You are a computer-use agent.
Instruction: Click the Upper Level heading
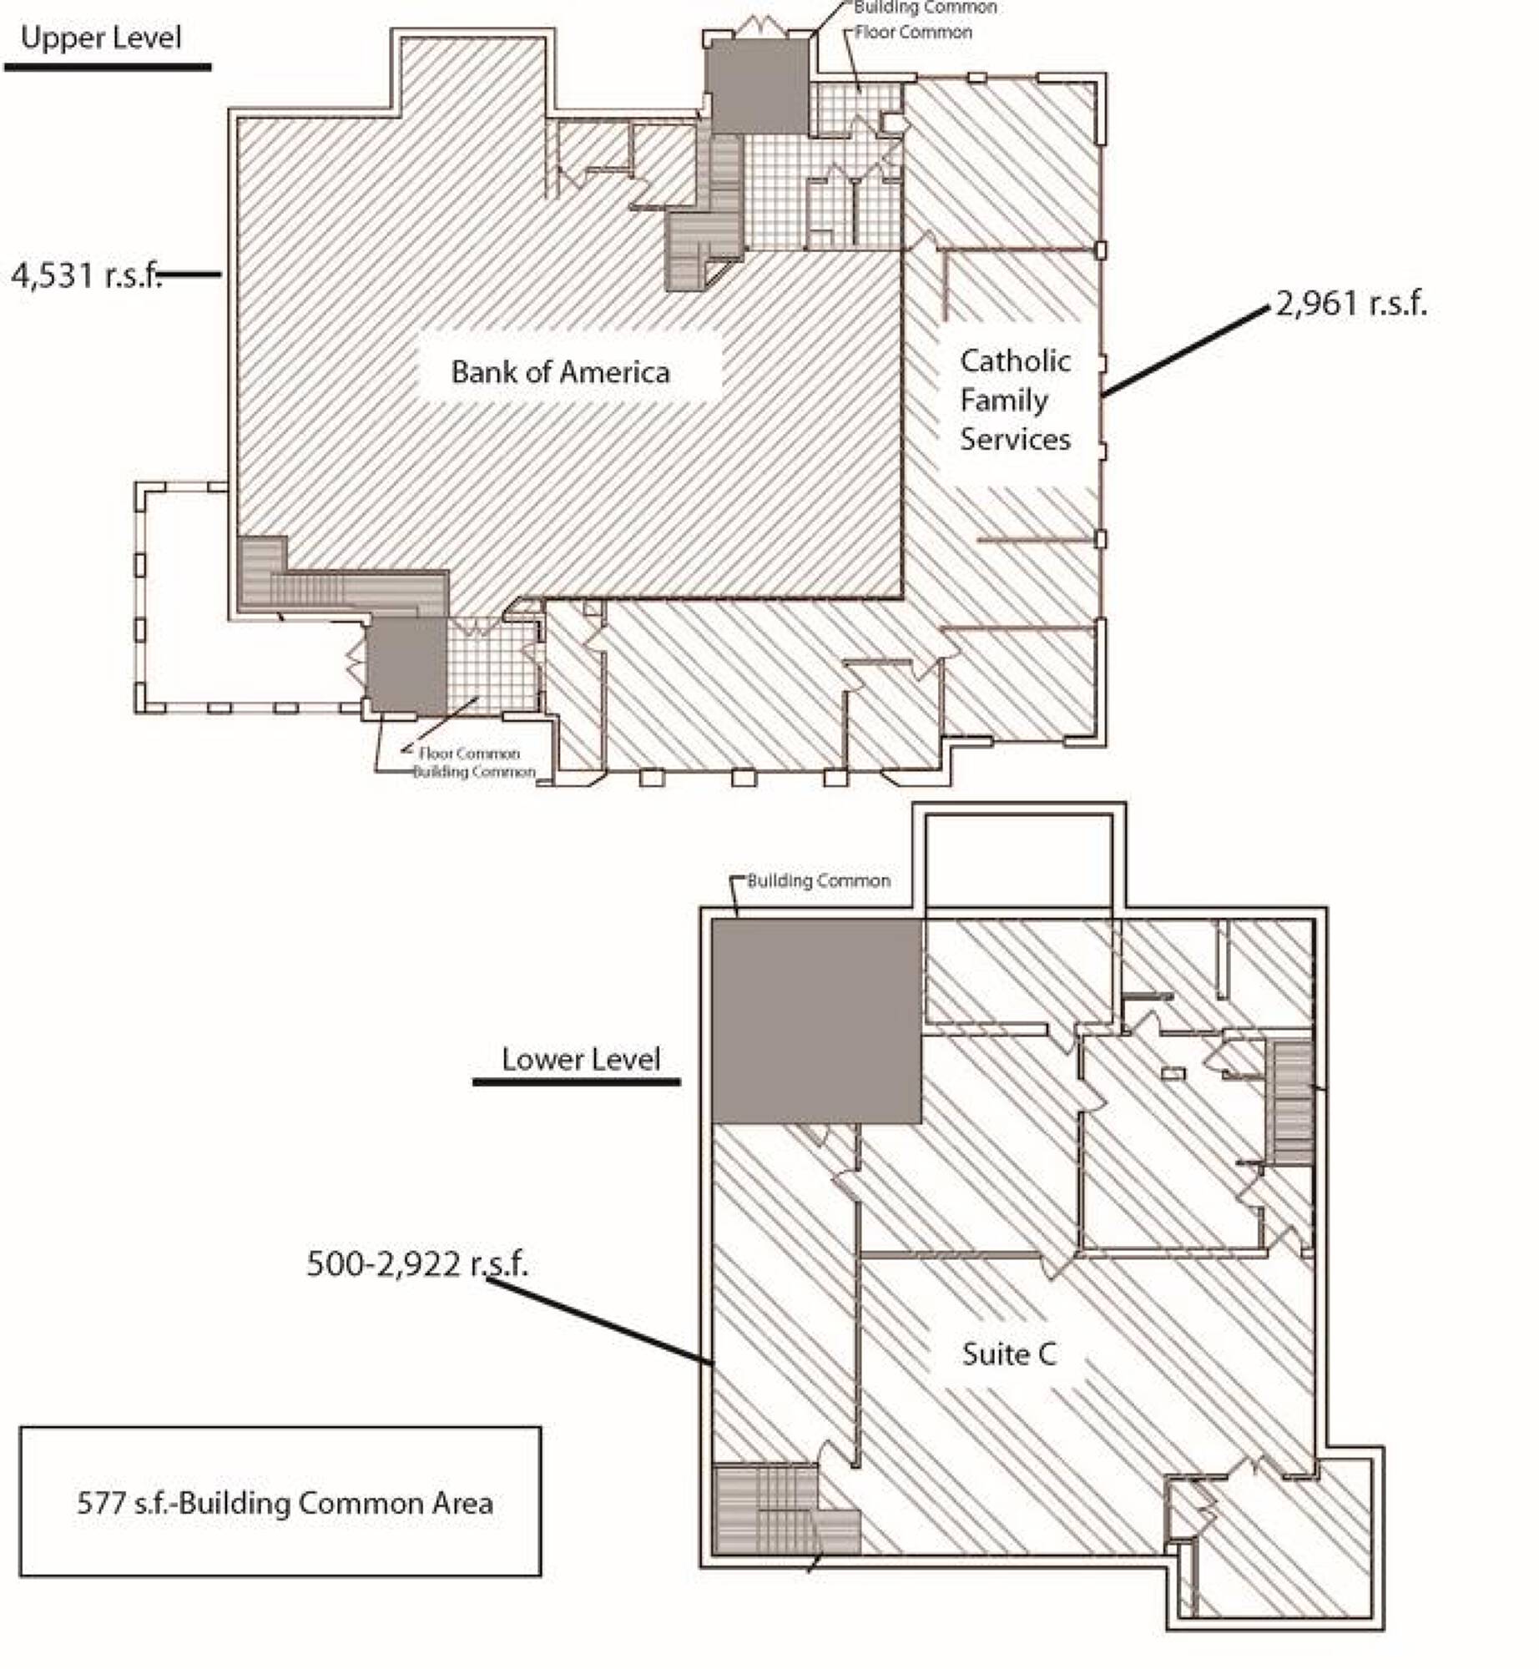pyautogui.click(x=101, y=38)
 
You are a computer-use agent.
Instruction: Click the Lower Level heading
pyautogui.click(x=581, y=1059)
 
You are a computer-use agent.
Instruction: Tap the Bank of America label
pyautogui.click(x=560, y=371)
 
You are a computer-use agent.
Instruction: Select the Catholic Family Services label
pyautogui.click(x=1015, y=400)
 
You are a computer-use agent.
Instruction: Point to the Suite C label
pyautogui.click(x=1009, y=1354)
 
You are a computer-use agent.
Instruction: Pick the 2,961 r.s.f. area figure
pyautogui.click(x=1352, y=303)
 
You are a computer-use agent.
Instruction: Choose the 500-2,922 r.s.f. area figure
pyautogui.click(x=417, y=1263)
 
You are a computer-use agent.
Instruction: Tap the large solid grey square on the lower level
pyautogui.click(x=817, y=1021)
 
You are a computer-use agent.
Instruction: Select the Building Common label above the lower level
pyautogui.click(x=818, y=880)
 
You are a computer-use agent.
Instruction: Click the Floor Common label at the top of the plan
pyautogui.click(x=913, y=33)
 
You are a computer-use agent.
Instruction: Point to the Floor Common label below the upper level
pyautogui.click(x=469, y=753)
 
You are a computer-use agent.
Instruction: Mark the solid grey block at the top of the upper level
pyautogui.click(x=758, y=86)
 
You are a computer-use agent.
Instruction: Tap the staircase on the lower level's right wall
pyautogui.click(x=1291, y=1102)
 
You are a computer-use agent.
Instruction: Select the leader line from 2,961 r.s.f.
pyautogui.click(x=1185, y=350)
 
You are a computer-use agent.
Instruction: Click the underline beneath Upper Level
pyautogui.click(x=108, y=67)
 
